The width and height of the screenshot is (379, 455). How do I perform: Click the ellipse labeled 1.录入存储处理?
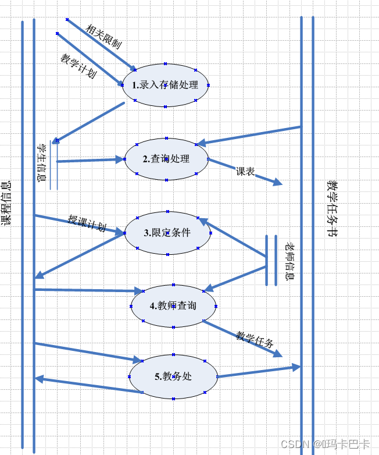(166, 85)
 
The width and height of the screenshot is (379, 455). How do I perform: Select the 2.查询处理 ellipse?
(166, 159)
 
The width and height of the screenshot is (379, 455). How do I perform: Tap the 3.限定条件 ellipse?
(167, 233)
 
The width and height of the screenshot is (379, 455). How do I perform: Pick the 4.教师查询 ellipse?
(173, 306)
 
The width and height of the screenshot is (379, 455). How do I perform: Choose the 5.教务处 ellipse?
(173, 376)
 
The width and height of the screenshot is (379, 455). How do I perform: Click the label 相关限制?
(103, 36)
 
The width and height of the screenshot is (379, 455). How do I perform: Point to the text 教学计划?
(78, 66)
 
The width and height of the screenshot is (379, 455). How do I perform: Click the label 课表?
(245, 172)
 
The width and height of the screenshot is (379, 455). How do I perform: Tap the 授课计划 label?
(87, 223)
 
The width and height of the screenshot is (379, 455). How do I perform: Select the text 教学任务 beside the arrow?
(255, 339)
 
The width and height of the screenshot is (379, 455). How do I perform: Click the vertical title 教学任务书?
(332, 208)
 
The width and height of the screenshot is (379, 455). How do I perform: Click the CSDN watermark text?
(325, 444)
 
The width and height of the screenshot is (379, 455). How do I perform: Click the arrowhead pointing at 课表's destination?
(278, 183)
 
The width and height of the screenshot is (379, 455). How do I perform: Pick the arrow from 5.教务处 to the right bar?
(259, 372)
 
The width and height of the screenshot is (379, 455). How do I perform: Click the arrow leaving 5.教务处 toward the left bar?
(87, 385)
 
